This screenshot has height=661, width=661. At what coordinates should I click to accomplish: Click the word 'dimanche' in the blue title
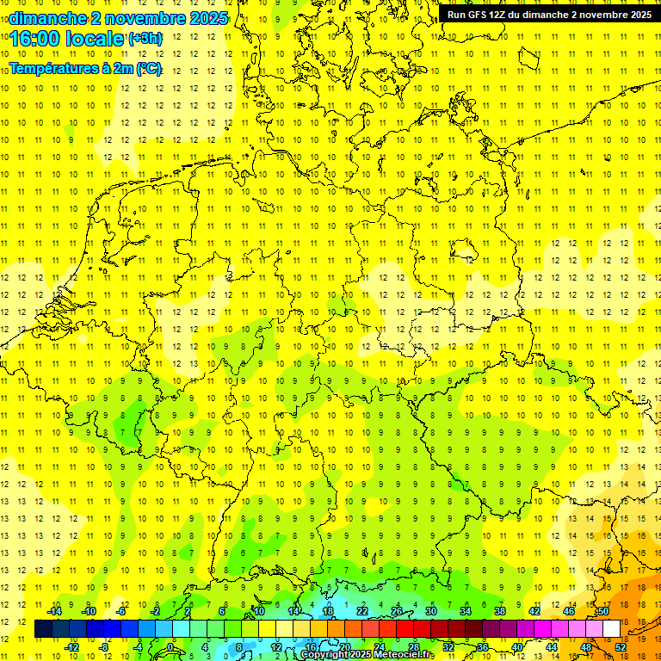pyautogui.click(x=42, y=17)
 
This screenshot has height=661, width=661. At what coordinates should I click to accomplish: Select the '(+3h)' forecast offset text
pyautogui.click(x=145, y=38)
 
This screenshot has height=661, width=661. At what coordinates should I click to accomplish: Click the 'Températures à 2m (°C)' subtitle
pyautogui.click(x=85, y=69)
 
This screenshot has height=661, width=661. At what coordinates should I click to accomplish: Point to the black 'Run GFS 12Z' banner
pyautogui.click(x=549, y=14)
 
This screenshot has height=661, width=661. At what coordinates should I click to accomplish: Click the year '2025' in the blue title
pyautogui.click(x=207, y=17)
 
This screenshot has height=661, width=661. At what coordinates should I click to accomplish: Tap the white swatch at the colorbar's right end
pyautogui.click(x=611, y=629)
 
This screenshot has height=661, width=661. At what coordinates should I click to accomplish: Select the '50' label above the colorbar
pyautogui.click(x=603, y=611)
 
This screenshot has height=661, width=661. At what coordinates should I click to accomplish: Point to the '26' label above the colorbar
pyautogui.click(x=397, y=611)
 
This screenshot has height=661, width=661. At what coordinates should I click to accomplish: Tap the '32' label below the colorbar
pyautogui.click(x=448, y=647)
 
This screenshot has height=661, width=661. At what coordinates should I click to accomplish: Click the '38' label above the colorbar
pyautogui.click(x=500, y=611)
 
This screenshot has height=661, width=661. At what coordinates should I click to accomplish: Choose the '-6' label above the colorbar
pyautogui.click(x=121, y=611)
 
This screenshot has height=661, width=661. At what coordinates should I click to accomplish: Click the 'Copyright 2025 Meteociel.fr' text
pyautogui.click(x=368, y=655)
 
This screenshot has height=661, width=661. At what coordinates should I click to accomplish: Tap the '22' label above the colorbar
pyautogui.click(x=362, y=611)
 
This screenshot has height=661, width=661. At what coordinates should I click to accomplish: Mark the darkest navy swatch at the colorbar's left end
pyautogui.click(x=43, y=629)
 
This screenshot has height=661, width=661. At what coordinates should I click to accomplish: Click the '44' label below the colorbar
pyautogui.click(x=553, y=647)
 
